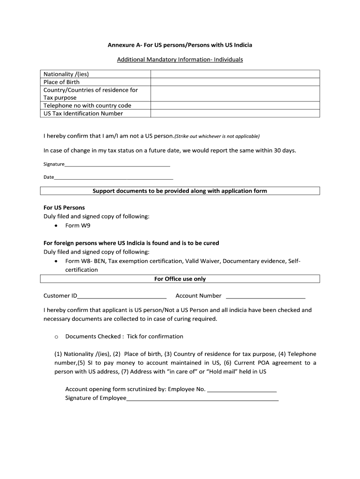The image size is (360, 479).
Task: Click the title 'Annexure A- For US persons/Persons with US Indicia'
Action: pyautogui.click(x=180, y=45)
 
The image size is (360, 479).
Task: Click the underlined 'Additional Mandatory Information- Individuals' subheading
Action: pyautogui.click(x=180, y=60)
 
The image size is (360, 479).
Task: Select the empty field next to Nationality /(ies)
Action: pyautogui.click(x=235, y=74)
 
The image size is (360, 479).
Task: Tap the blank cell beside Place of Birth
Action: pyautogui.click(x=235, y=82)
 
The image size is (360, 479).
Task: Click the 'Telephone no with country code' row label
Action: pyautogui.click(x=87, y=106)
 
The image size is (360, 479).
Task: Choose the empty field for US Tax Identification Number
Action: pyautogui.click(x=235, y=113)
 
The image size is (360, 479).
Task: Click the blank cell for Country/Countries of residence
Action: pyautogui.click(x=235, y=94)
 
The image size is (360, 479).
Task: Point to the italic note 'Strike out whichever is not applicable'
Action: pyautogui.click(x=217, y=137)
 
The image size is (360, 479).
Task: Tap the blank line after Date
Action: pyautogui.click(x=114, y=178)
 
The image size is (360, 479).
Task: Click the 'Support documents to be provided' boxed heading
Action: pyautogui.click(x=180, y=191)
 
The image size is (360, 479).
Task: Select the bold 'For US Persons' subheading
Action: pyautogui.click(x=64, y=207)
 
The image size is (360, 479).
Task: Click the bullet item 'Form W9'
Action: pyautogui.click(x=78, y=225)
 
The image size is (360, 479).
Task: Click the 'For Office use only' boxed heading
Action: pyautogui.click(x=180, y=279)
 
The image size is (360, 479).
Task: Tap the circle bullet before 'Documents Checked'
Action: pyautogui.click(x=56, y=337)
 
